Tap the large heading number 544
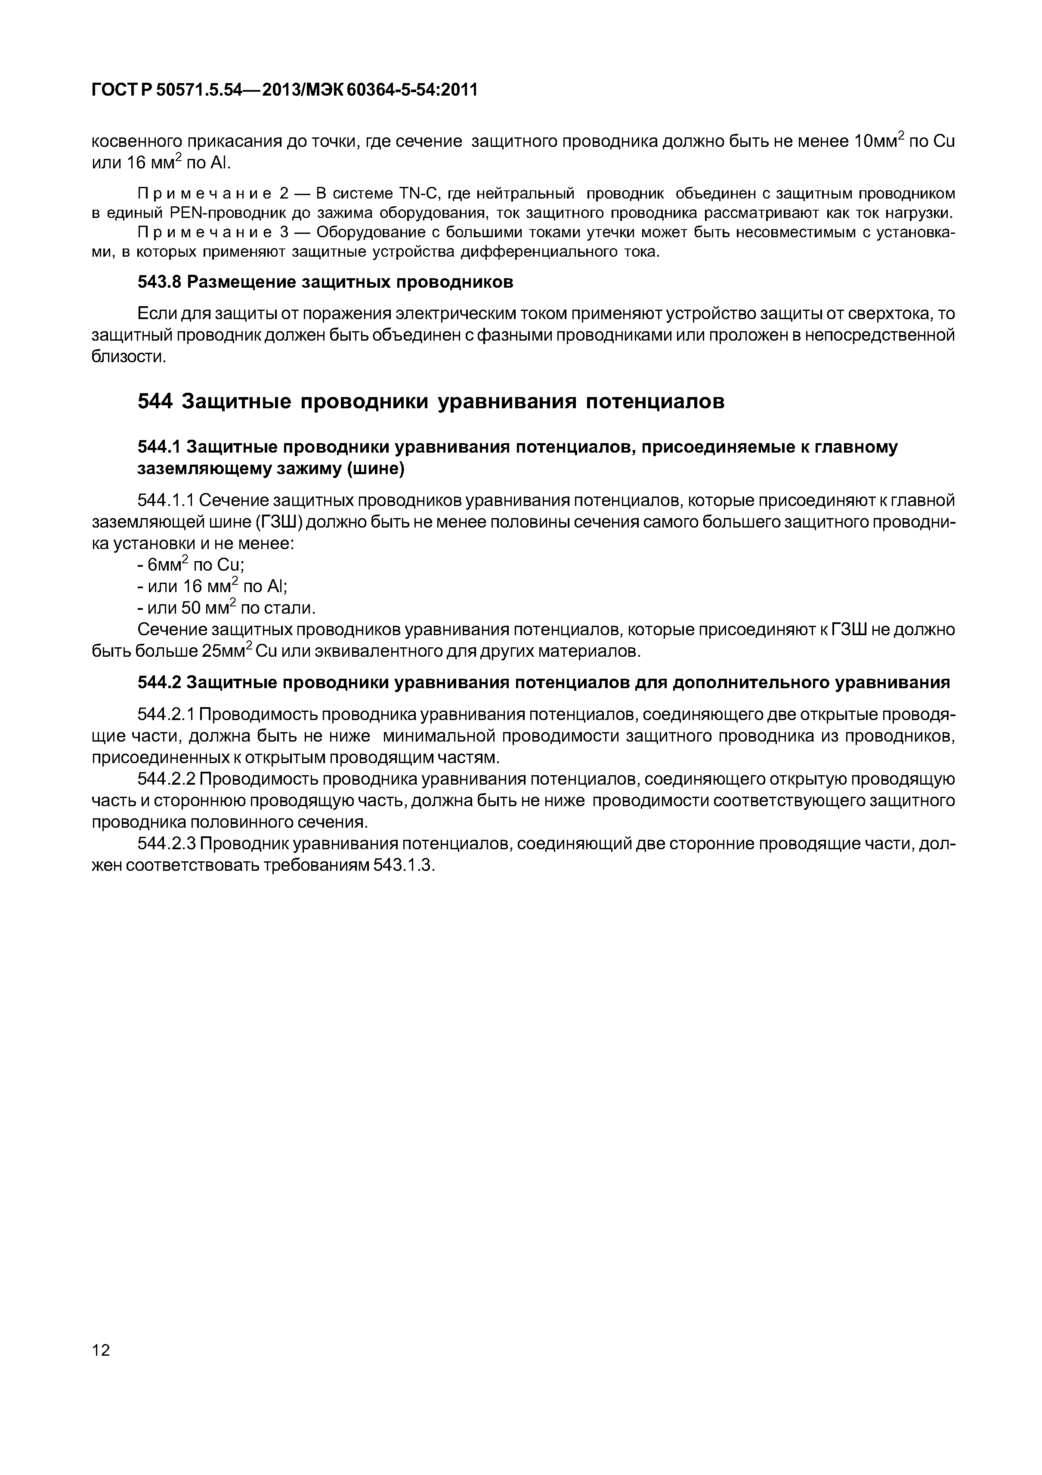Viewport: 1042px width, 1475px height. click(155, 401)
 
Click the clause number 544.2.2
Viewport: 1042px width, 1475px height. click(166, 779)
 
